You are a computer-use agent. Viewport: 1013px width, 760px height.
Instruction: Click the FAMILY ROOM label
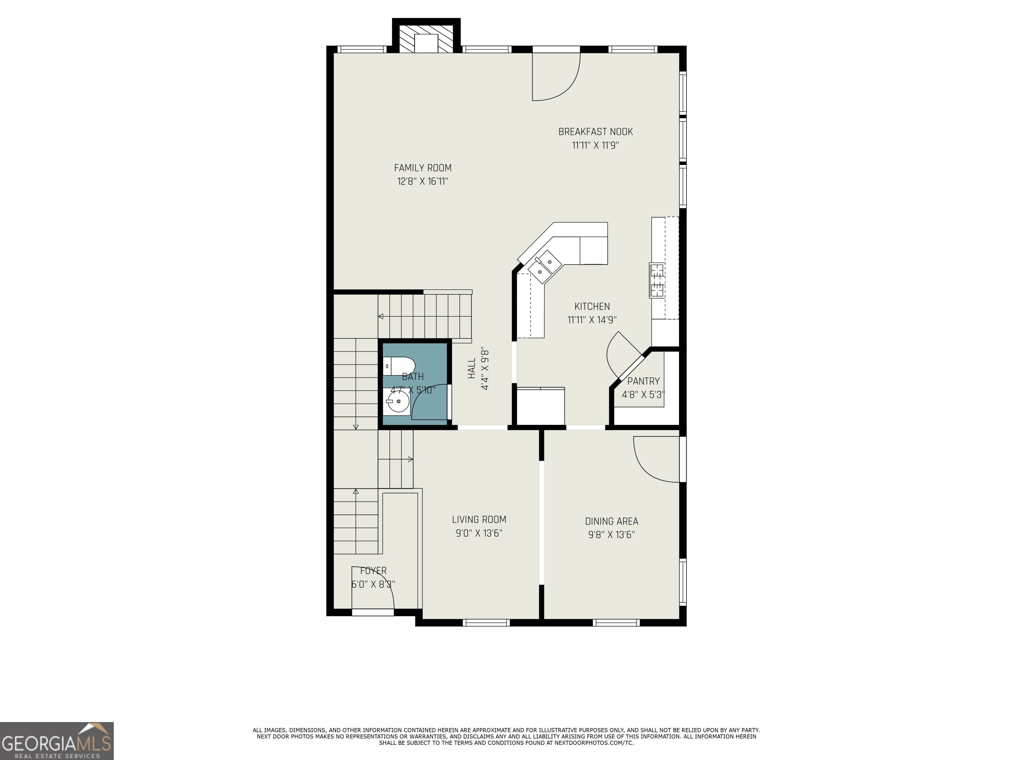click(422, 168)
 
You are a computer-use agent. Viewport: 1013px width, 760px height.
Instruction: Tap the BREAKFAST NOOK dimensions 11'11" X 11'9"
click(595, 145)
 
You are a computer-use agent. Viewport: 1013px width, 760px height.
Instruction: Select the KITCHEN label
click(592, 306)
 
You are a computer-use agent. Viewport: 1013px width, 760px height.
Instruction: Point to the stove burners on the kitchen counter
click(657, 280)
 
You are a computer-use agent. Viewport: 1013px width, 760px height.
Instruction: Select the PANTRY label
click(643, 381)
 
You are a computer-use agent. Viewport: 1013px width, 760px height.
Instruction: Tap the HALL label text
click(471, 369)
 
